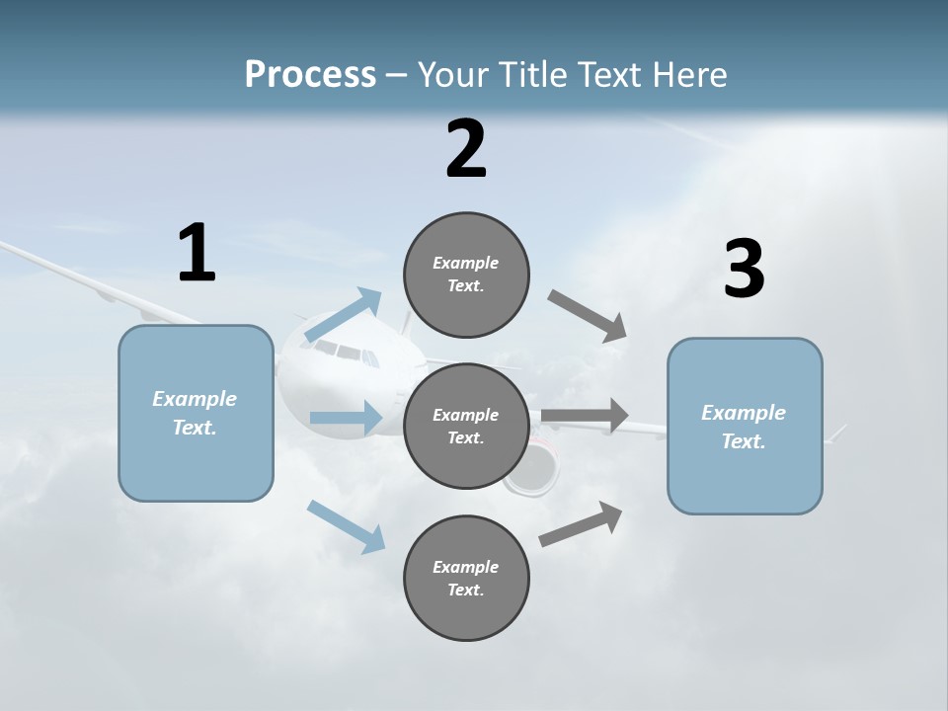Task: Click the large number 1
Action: (197, 253)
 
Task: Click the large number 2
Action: (466, 149)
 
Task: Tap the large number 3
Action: (744, 270)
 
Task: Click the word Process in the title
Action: (310, 74)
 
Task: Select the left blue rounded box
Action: (196, 413)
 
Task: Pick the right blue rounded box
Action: (745, 427)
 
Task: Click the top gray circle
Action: (466, 275)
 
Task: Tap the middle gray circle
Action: (466, 426)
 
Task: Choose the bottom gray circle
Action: (466, 578)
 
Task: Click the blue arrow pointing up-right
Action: (344, 316)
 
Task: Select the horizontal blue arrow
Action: (346, 418)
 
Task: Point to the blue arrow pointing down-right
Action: (346, 526)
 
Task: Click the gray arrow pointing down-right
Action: (588, 315)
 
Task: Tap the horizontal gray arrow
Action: (585, 416)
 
